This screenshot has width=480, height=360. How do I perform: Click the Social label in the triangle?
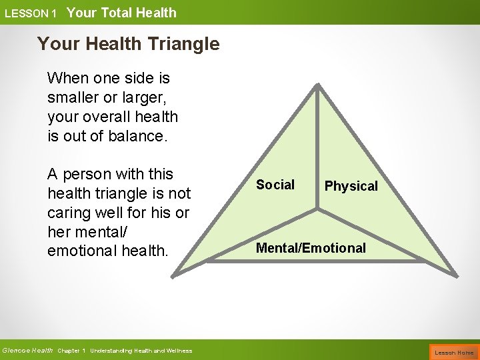tap(275, 185)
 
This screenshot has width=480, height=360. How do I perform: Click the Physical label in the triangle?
tap(351, 186)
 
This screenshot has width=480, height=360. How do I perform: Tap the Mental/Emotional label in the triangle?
tap(311, 248)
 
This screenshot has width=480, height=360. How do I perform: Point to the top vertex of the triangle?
tap(318, 86)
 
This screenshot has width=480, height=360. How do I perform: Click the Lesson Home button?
tap(454, 352)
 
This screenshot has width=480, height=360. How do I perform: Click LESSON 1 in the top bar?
tap(31, 13)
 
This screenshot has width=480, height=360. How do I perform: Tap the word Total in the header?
tap(116, 13)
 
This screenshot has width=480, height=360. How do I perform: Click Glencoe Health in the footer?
tap(27, 351)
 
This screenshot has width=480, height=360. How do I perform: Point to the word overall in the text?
tap(107, 117)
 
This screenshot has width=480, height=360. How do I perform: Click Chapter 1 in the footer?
tap(72, 351)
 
